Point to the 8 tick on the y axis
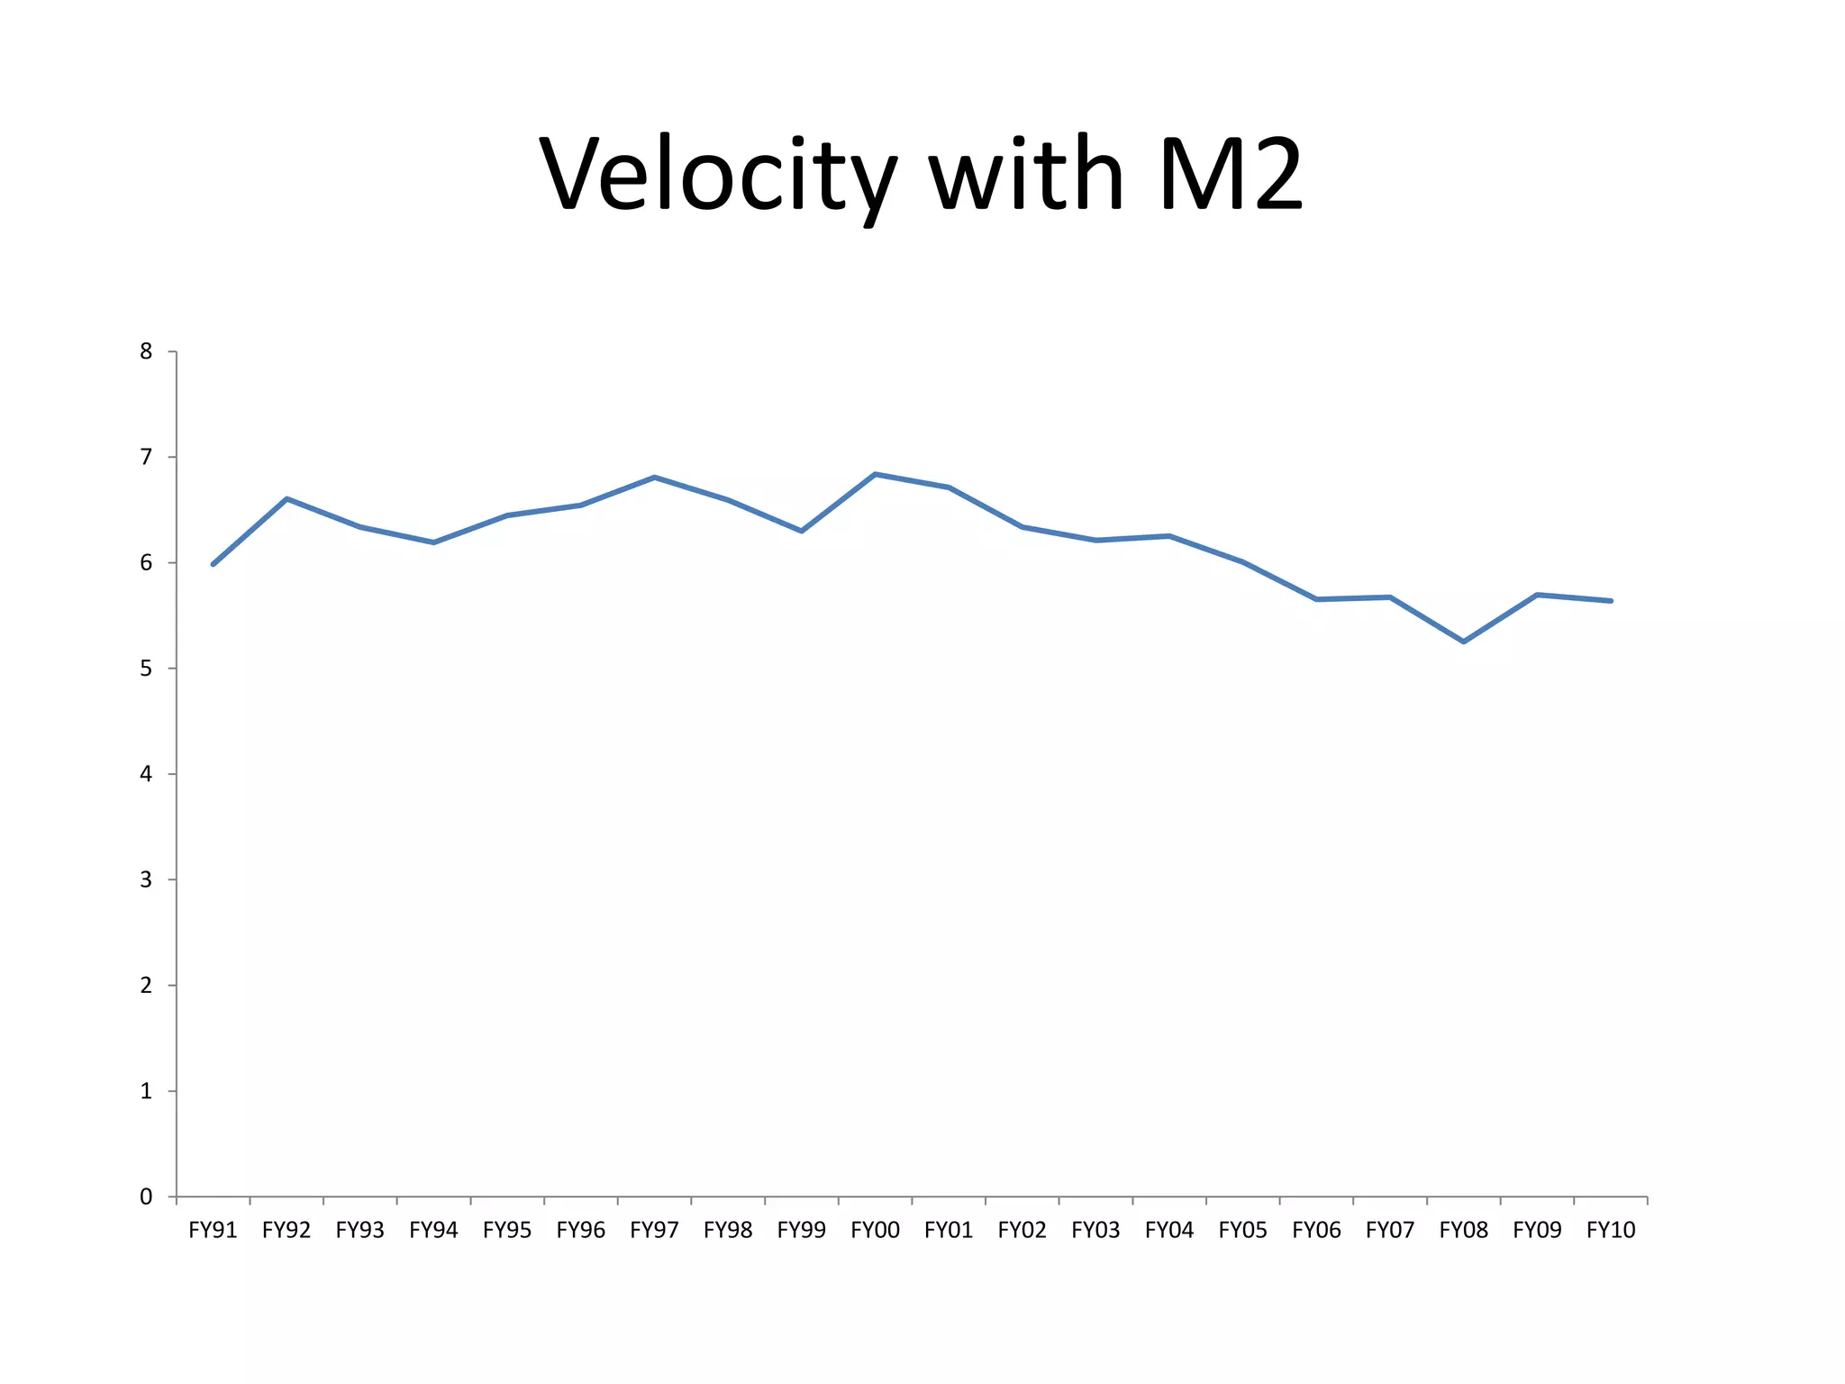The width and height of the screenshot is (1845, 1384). click(146, 351)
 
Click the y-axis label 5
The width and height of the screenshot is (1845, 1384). click(146, 669)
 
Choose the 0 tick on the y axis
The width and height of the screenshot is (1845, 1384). click(146, 1197)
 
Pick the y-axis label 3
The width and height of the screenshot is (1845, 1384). click(146, 879)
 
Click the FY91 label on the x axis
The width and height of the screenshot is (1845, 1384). click(213, 1230)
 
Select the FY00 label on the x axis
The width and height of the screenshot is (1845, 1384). click(875, 1230)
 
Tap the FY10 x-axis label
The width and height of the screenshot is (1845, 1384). click(1611, 1230)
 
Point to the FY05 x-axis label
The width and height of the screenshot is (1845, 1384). click(1243, 1230)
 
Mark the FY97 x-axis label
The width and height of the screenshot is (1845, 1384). click(654, 1230)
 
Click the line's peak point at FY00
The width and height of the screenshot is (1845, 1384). click(876, 474)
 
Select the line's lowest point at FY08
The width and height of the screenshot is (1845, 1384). click(1463, 642)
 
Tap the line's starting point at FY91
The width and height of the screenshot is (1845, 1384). click(213, 564)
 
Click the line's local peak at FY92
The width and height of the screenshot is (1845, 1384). click(286, 498)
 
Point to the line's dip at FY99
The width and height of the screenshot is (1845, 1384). click(801, 531)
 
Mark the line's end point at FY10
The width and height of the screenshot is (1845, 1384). click(1611, 600)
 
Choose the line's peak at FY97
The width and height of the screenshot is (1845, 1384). click(654, 478)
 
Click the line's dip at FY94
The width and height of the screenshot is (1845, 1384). click(433, 542)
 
